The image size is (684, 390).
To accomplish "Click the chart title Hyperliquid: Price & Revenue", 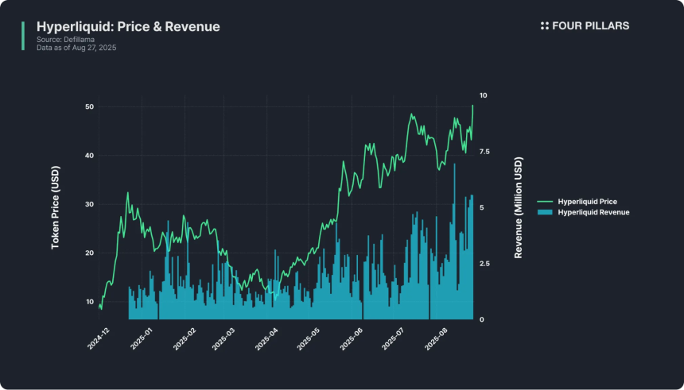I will (x=128, y=27).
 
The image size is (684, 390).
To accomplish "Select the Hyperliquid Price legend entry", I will (x=587, y=202).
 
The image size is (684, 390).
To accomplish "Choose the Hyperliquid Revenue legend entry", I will (x=593, y=212).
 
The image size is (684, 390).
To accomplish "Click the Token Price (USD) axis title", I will (x=56, y=213).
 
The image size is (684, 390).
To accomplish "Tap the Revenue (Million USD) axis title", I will (x=519, y=208).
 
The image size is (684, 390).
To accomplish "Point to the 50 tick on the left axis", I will (x=89, y=106).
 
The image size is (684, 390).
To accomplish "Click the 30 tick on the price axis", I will (x=89, y=204).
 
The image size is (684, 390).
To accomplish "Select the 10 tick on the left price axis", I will (x=89, y=302).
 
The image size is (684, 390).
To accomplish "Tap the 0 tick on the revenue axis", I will (x=481, y=319).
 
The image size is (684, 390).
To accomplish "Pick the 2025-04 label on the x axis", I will (x=266, y=339).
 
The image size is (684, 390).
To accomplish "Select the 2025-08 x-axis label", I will (x=437, y=339).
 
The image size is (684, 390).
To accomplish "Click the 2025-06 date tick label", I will (x=352, y=339).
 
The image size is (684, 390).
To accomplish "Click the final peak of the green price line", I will (x=472, y=106).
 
